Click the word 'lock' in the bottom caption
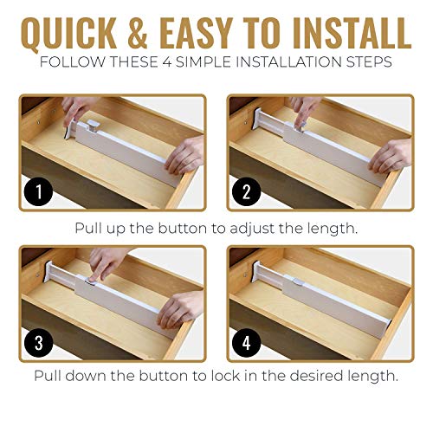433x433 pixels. tap(243, 377)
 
